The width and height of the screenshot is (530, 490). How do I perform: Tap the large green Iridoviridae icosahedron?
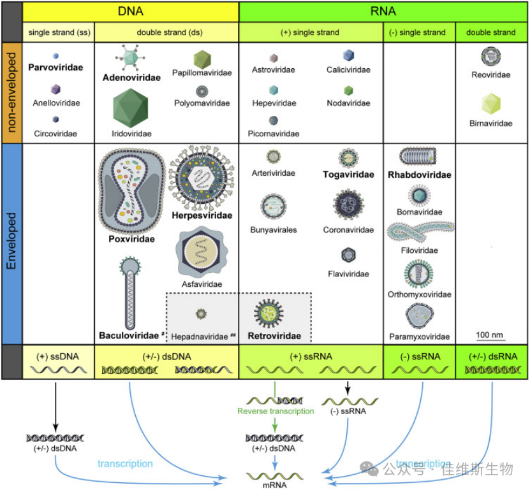pos(131,108)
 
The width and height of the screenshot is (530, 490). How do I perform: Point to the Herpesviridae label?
pos(202,215)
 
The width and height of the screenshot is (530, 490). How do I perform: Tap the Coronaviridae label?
pos(348,230)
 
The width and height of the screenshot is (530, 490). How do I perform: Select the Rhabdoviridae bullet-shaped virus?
pos(418,157)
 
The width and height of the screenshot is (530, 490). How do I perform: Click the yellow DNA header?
pos(130,11)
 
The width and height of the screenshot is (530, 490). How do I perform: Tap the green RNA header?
pos(383,11)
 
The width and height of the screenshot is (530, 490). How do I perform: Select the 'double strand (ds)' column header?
pos(166,32)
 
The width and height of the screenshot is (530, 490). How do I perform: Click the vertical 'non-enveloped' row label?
pos(11,93)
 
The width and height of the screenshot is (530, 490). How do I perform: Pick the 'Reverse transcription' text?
pos(276,411)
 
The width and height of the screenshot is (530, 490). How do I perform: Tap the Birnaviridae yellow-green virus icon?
pos(491,103)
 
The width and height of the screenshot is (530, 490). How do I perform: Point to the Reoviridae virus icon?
pos(491,57)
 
